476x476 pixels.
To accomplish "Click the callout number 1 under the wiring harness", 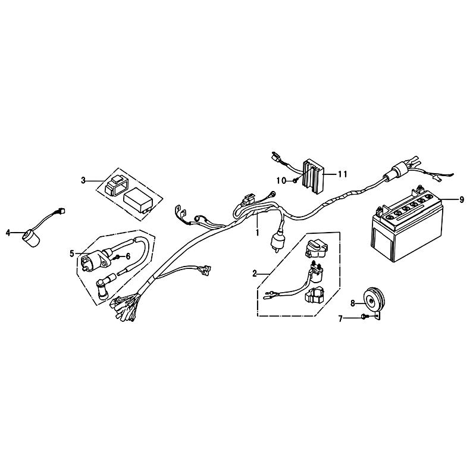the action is point(258,233).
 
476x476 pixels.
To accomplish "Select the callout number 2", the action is point(255,274).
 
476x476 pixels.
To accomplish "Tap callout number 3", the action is point(83,181).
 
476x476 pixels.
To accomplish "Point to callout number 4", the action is point(8,233).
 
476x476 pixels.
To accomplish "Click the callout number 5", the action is point(72,253).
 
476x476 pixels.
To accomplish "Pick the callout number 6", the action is point(128,257).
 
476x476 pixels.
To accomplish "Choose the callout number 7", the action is point(340,319).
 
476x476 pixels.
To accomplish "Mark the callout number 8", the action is point(353,303).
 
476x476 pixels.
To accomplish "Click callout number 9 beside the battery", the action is point(462,200).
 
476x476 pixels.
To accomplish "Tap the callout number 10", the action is point(281,181).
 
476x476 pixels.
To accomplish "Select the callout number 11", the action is point(342,174).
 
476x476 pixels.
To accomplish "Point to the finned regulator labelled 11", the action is point(314,176).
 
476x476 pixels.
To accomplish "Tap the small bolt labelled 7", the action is point(364,317).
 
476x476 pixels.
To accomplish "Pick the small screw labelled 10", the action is point(295,181).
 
